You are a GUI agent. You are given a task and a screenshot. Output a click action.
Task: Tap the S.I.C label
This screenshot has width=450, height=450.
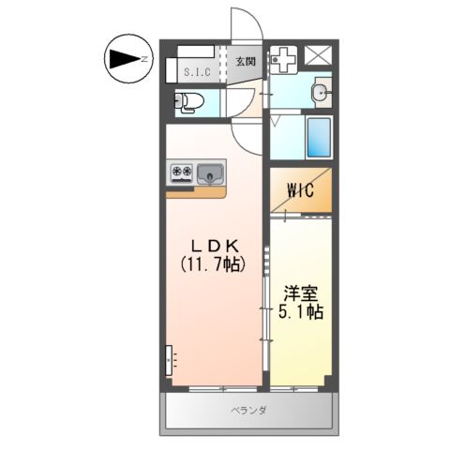[196, 71]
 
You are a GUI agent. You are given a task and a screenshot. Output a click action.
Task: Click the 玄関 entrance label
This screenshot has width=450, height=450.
[246, 62]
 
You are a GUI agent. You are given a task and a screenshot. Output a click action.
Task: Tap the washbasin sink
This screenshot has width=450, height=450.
[321, 92]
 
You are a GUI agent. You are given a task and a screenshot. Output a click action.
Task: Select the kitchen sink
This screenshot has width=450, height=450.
[210, 172]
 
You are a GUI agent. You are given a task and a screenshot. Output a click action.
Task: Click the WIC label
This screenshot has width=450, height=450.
[300, 191]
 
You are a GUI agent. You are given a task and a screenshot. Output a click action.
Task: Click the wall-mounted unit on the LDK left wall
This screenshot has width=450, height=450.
[170, 358]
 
